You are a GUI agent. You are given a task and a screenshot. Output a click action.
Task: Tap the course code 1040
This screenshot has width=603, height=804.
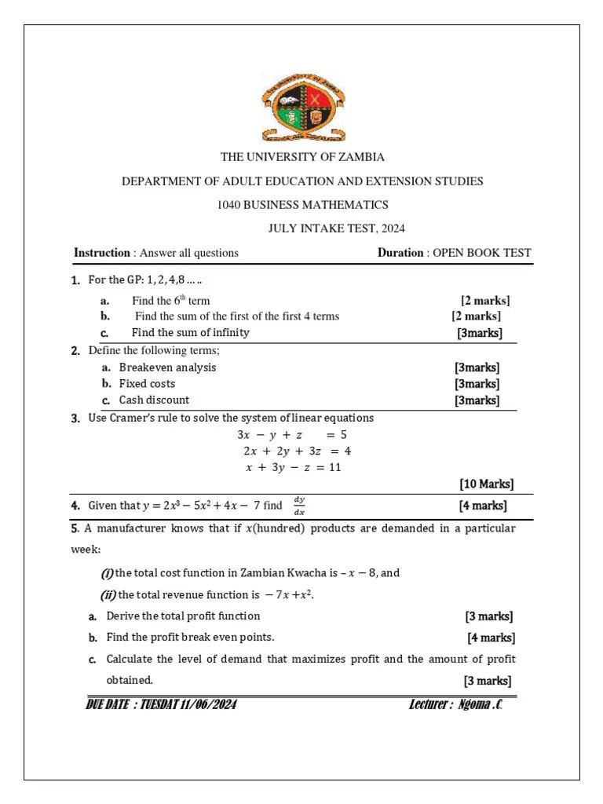(x=228, y=205)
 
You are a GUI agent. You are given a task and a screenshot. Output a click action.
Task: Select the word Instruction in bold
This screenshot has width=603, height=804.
(x=102, y=253)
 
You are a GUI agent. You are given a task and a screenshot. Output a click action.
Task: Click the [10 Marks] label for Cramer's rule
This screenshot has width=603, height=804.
(x=486, y=484)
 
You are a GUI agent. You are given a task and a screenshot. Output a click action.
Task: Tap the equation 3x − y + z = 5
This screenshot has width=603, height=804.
(x=292, y=434)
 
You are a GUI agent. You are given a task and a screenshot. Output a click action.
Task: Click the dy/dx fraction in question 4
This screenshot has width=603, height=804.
(x=298, y=506)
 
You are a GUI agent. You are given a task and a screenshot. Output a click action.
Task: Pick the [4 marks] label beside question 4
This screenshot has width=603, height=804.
(x=483, y=506)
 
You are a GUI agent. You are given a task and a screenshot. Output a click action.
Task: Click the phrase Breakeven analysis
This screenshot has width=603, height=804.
(x=167, y=367)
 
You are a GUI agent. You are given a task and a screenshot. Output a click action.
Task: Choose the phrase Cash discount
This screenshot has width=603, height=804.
(x=154, y=400)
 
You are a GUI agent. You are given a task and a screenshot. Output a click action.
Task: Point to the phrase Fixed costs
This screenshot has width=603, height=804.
(x=147, y=384)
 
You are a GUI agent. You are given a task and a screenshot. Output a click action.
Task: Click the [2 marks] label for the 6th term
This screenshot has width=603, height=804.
(x=485, y=300)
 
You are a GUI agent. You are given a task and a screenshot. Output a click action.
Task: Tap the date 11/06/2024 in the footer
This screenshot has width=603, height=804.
(x=200, y=704)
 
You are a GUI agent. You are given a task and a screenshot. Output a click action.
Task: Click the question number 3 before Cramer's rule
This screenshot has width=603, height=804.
(x=75, y=418)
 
